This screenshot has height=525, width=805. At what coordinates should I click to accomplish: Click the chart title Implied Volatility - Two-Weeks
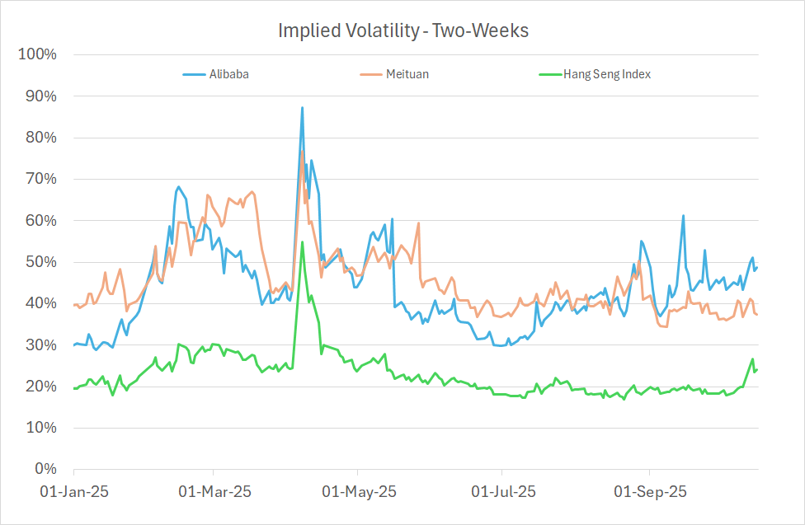[x=402, y=30]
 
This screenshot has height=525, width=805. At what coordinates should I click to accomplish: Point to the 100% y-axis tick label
[x=36, y=54]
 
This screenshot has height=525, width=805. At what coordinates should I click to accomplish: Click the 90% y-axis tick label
[x=40, y=96]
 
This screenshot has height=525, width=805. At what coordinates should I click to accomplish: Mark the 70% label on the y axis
[x=40, y=179]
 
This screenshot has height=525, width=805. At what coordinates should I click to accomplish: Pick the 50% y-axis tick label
[x=40, y=262]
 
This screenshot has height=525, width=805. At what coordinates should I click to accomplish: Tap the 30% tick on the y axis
[x=40, y=345]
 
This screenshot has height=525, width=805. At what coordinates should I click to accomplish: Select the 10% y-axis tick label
[x=40, y=428]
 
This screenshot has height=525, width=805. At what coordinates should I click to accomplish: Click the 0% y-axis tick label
[x=43, y=469]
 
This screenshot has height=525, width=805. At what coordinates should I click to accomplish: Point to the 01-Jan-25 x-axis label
[x=73, y=492]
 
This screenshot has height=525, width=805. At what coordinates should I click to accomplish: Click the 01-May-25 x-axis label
[x=358, y=492]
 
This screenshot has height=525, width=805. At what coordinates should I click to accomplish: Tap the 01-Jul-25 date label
[x=502, y=492]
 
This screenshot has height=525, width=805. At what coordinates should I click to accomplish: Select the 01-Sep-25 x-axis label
[x=649, y=492]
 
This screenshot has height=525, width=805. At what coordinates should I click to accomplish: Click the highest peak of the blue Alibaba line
[x=302, y=107]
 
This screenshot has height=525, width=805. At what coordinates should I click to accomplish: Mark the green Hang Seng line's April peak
[x=302, y=241]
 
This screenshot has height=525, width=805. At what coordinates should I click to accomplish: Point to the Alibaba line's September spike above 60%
[x=684, y=216]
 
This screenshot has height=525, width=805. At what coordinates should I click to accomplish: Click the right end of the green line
[x=757, y=369]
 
